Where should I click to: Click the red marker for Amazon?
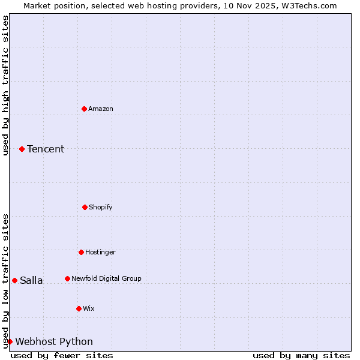(84, 109)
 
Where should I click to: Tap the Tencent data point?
(22, 149)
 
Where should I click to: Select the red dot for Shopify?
(85, 207)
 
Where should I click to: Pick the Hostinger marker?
(81, 252)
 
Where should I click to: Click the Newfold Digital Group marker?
(67, 278)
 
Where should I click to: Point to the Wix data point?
(79, 308)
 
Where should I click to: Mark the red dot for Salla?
(14, 280)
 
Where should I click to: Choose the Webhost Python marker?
(10, 341)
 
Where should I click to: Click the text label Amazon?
(101, 109)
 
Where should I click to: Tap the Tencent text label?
(46, 149)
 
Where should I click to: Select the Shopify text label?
(101, 207)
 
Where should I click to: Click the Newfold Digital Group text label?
(106, 278)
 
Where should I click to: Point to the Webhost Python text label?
(54, 342)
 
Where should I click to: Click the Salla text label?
(31, 280)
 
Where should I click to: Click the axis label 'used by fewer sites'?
(62, 355)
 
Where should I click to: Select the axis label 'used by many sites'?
(301, 355)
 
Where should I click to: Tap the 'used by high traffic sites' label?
(5, 85)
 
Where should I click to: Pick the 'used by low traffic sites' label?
(5, 281)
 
